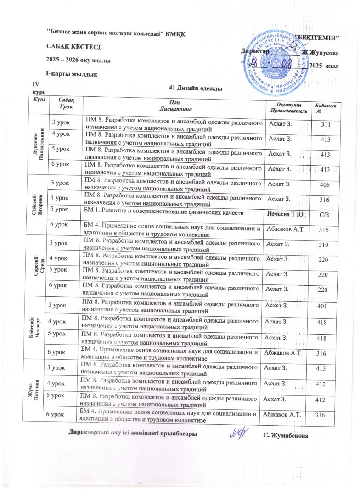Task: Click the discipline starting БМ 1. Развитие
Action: click(161, 213)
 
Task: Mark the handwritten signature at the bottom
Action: click(239, 432)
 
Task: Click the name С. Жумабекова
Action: click(286, 434)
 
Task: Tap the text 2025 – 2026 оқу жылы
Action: click(78, 60)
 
